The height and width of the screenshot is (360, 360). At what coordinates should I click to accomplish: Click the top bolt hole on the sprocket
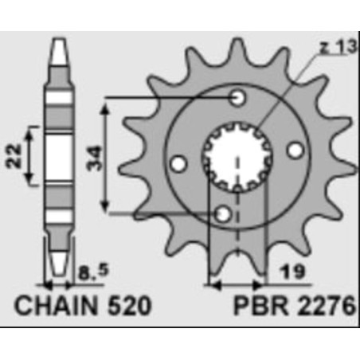point(237,98)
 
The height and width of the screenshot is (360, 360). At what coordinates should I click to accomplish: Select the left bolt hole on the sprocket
point(180,163)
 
